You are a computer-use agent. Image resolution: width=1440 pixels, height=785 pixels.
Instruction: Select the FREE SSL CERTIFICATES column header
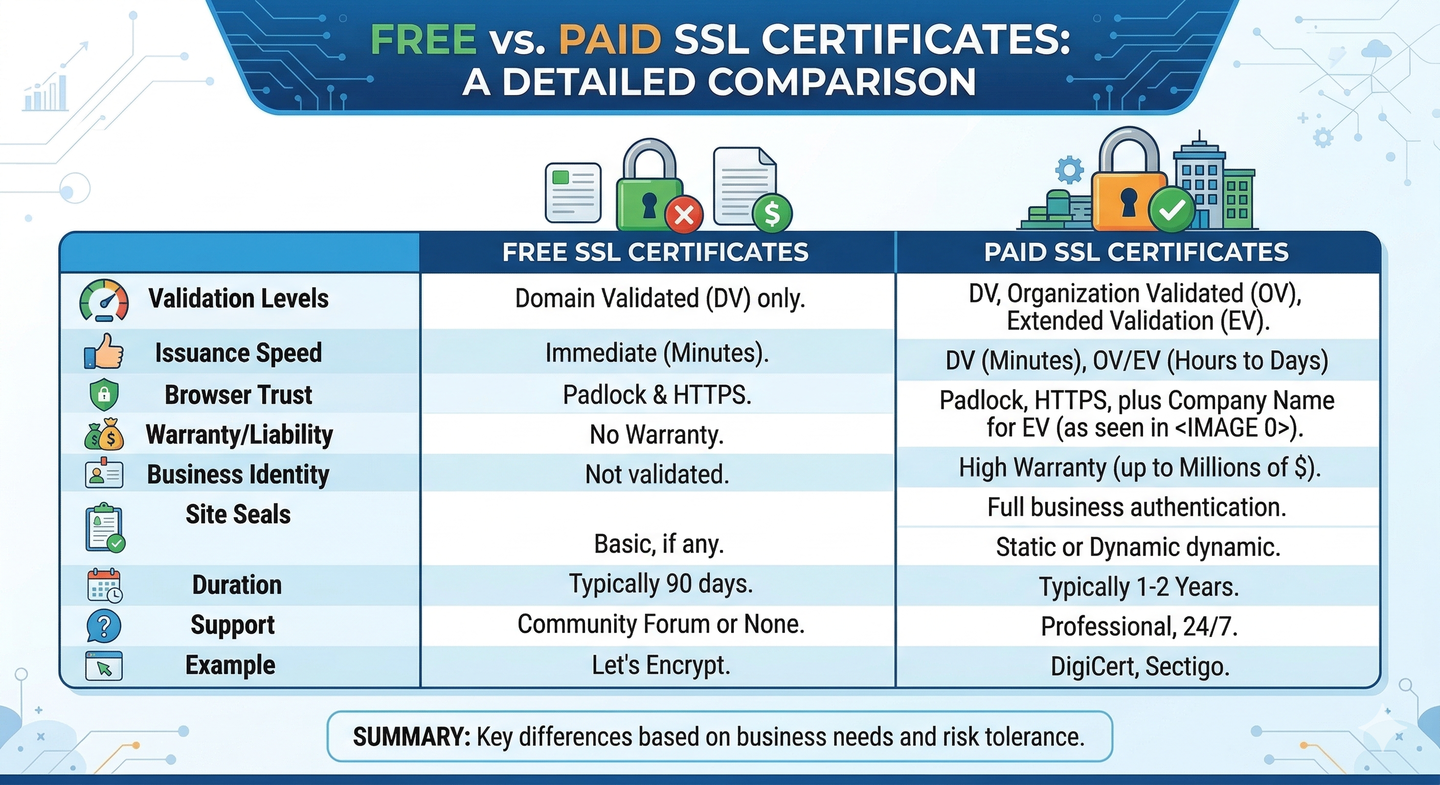click(655, 252)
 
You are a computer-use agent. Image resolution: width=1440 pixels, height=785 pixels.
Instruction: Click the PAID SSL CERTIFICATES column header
click(1136, 252)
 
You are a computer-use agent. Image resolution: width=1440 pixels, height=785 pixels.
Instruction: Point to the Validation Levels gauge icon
click(104, 301)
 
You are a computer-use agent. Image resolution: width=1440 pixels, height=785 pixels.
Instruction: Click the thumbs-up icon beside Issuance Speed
click(104, 352)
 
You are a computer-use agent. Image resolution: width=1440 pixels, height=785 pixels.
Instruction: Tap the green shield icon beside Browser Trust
click(104, 395)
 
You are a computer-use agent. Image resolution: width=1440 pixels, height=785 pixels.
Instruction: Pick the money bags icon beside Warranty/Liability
click(104, 435)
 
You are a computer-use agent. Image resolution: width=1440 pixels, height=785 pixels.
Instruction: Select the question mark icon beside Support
click(104, 625)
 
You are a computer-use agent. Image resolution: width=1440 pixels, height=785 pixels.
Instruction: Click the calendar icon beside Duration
click(104, 586)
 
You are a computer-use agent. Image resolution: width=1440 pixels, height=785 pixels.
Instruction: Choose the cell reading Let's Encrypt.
click(661, 665)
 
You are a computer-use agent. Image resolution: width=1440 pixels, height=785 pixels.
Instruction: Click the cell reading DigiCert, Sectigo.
click(1140, 666)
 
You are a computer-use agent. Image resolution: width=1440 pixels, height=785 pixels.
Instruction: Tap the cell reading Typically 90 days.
click(661, 584)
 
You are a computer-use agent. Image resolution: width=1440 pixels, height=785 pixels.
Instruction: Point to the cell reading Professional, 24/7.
click(1139, 627)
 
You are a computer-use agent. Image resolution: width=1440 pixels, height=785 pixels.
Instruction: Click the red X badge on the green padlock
click(684, 214)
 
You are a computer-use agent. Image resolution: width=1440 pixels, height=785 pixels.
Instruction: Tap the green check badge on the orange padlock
click(1172, 210)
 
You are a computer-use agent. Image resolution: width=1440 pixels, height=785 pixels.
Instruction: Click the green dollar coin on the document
click(772, 213)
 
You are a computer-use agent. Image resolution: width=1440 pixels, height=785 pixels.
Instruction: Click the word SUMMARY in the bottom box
click(412, 737)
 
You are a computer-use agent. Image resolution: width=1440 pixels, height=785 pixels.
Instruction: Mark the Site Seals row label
click(238, 514)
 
